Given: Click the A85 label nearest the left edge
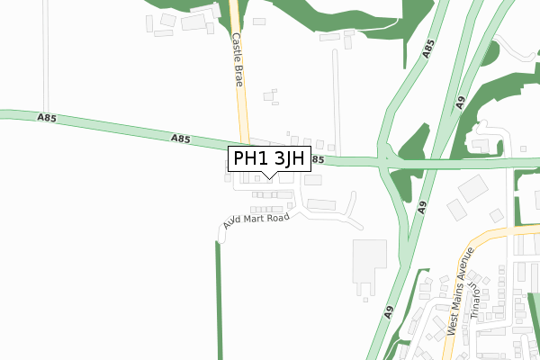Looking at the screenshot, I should pyautogui.click(x=48, y=118).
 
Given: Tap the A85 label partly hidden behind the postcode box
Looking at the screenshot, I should pyautogui.click(x=316, y=160).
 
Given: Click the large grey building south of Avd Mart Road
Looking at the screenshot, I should pyautogui.click(x=369, y=260).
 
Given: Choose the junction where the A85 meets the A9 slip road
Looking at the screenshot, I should pyautogui.click(x=385, y=162).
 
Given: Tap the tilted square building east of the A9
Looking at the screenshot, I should pyautogui.click(x=472, y=189).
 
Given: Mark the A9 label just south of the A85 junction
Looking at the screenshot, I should pyautogui.click(x=420, y=206).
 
